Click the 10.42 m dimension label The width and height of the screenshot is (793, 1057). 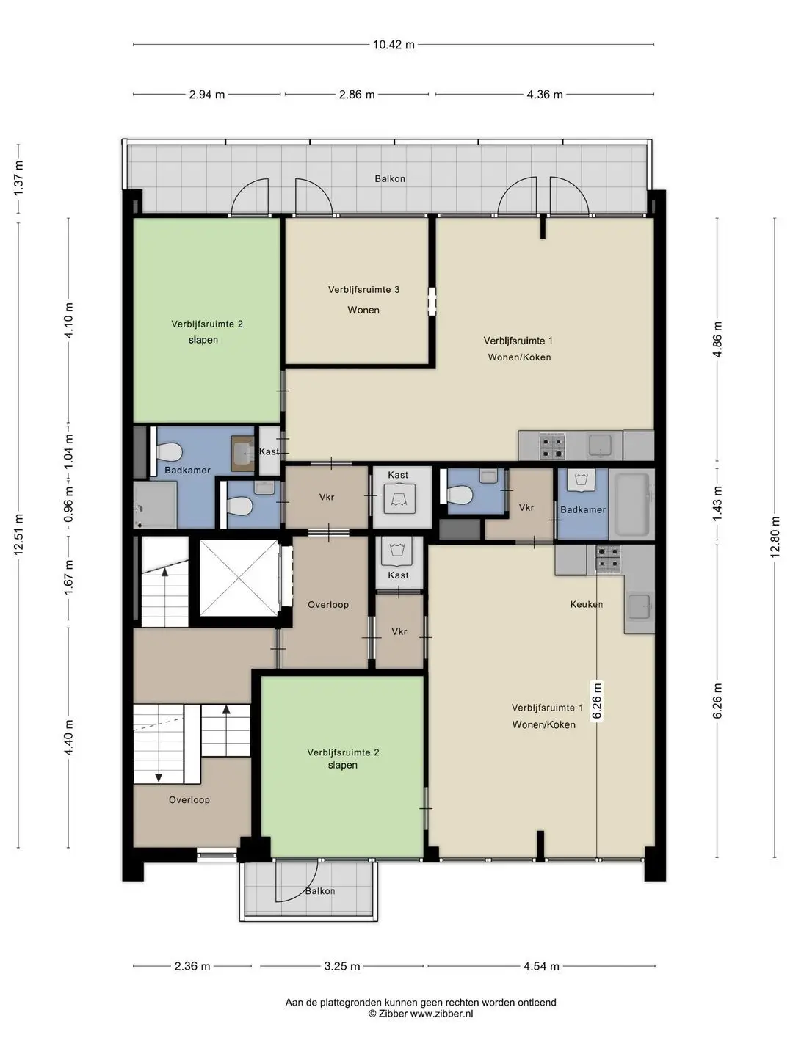[394, 45]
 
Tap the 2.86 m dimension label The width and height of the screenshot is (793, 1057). [357, 95]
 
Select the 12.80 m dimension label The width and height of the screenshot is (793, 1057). [775, 537]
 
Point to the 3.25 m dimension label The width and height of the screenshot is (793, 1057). [342, 966]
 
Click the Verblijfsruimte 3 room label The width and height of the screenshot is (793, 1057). [364, 289]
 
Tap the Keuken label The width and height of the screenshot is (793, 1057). [587, 604]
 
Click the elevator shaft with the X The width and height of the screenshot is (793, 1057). [239, 578]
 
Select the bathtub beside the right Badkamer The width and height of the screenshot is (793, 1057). [631, 505]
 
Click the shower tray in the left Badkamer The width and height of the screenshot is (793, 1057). [155, 505]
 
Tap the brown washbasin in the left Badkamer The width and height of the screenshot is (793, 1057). [242, 453]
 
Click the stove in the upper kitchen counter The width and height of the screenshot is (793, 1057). [551, 446]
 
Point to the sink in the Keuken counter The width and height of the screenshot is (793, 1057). [640, 606]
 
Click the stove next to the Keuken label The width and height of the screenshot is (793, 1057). [608, 559]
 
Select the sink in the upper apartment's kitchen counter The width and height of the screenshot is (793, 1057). [600, 446]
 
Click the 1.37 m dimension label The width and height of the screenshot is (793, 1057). [18, 178]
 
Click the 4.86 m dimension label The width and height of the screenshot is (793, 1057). [717, 339]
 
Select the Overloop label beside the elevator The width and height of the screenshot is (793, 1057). [328, 604]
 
